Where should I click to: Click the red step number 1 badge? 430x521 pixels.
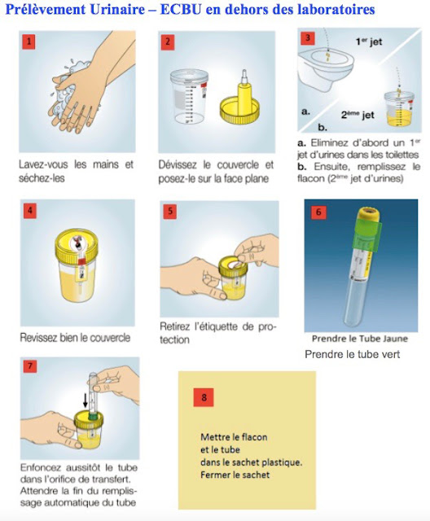29,42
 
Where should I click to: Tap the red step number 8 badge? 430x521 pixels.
204,397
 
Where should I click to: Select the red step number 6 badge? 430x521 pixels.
318,212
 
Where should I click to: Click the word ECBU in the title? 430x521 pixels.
181,9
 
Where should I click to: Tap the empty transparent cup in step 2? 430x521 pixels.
189,96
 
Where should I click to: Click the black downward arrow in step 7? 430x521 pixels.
86,400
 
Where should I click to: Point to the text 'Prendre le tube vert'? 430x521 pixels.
353,354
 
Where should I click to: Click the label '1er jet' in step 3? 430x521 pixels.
369,42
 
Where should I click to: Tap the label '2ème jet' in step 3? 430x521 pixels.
358,115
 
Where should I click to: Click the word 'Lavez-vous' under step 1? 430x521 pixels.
43,164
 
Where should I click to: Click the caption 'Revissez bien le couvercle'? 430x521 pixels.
75,338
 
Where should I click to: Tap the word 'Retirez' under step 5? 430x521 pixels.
175,326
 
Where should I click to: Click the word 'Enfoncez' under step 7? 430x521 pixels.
41,467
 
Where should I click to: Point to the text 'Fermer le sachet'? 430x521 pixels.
235,475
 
